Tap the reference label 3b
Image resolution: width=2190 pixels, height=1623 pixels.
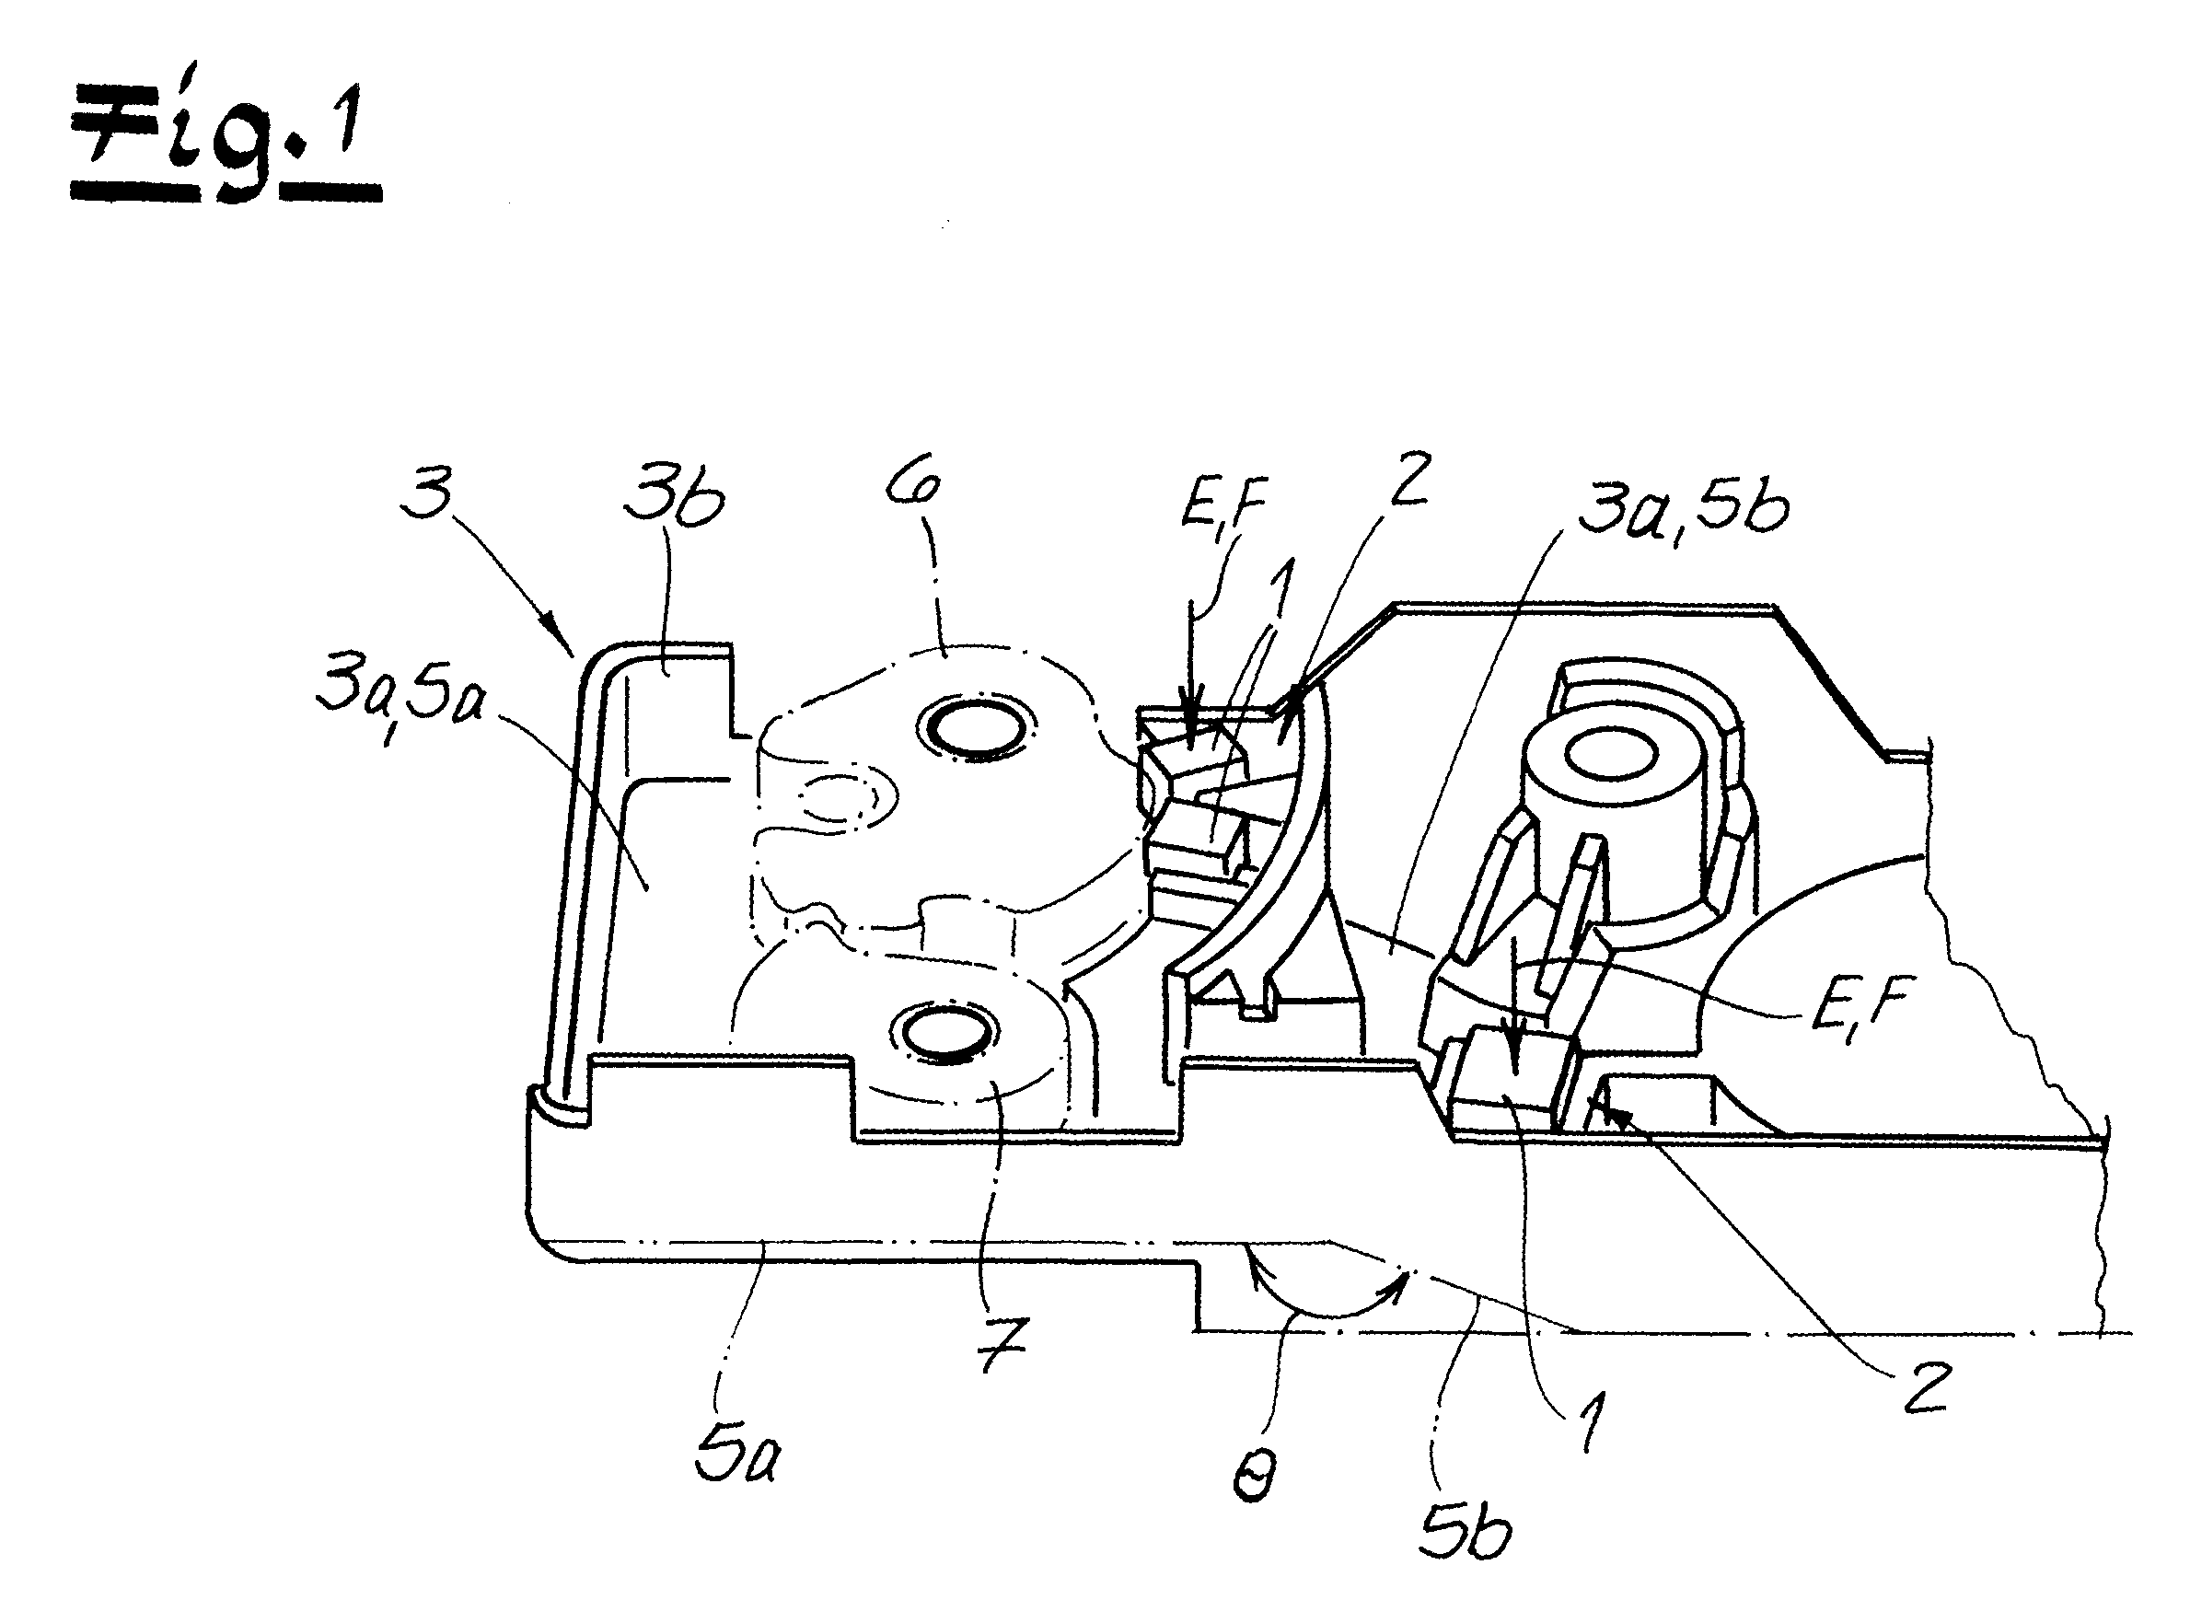tap(673, 499)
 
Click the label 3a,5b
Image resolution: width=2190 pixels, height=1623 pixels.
tap(1682, 507)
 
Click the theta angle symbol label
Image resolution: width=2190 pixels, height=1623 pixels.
tap(1253, 1474)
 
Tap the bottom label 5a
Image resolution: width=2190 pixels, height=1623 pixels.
tap(736, 1451)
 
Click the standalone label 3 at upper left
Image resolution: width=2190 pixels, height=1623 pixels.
tap(427, 493)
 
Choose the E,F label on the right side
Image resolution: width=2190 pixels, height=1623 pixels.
tap(1860, 1012)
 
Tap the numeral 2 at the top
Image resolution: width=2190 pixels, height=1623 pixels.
tap(1411, 480)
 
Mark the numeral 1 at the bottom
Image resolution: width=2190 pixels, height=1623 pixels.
tap(1591, 1420)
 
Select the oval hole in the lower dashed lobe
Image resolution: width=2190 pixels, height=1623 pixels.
tap(944, 1035)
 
